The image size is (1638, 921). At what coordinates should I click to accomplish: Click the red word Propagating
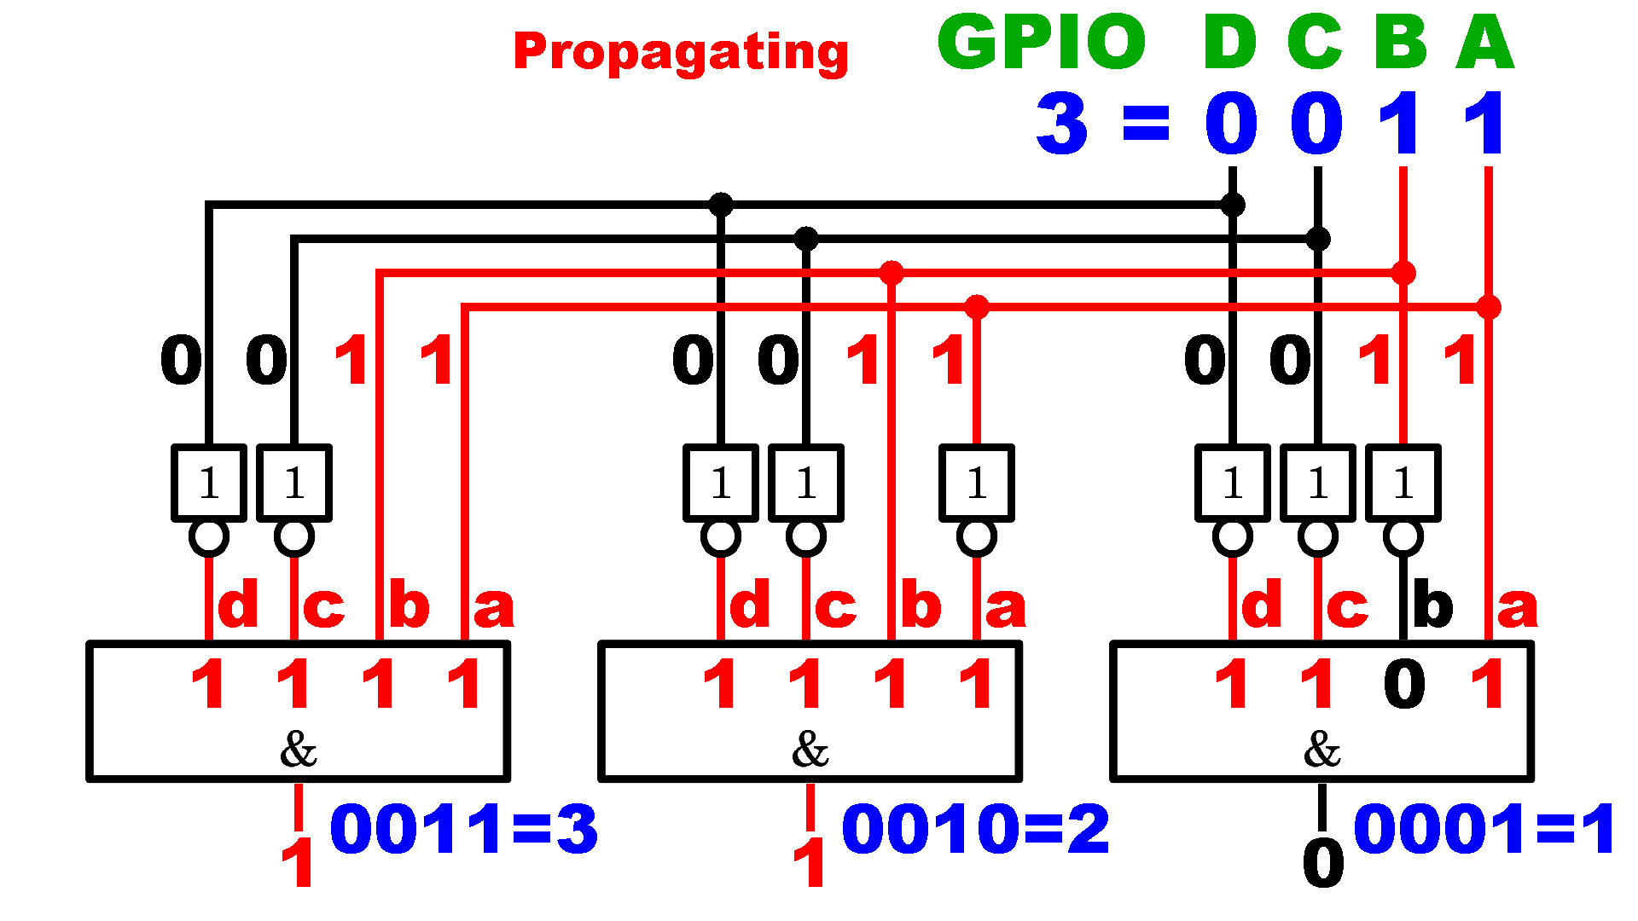tap(681, 51)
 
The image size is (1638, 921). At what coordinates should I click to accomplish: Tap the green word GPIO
tap(1041, 42)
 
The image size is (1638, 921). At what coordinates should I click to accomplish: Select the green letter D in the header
tap(1229, 42)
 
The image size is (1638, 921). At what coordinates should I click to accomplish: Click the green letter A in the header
tap(1485, 42)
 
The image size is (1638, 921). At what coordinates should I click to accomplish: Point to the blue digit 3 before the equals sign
tap(1062, 124)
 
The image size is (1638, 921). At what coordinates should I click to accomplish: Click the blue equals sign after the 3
tap(1146, 124)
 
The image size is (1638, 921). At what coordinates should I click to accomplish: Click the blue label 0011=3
tap(463, 829)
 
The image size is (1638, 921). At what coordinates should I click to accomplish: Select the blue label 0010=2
tap(975, 829)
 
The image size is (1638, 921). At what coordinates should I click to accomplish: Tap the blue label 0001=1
tap(1484, 829)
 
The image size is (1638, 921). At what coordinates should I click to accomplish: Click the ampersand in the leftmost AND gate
tap(299, 750)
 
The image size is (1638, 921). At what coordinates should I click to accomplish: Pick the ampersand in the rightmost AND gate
tap(1322, 750)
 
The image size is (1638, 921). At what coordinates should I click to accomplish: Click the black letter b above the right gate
tap(1433, 605)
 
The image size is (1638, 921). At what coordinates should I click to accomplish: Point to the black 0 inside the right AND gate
tap(1404, 684)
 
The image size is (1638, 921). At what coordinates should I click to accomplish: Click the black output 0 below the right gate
tap(1323, 863)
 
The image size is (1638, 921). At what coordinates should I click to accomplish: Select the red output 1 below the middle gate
tap(810, 863)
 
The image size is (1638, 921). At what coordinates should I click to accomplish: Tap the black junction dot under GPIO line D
tap(1233, 205)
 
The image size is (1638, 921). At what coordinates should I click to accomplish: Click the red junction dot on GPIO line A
tap(1489, 307)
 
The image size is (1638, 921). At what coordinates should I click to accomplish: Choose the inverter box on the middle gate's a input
tap(977, 483)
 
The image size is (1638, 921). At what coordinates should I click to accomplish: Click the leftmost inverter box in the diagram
tap(209, 483)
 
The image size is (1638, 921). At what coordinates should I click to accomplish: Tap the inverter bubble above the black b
tap(1403, 537)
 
